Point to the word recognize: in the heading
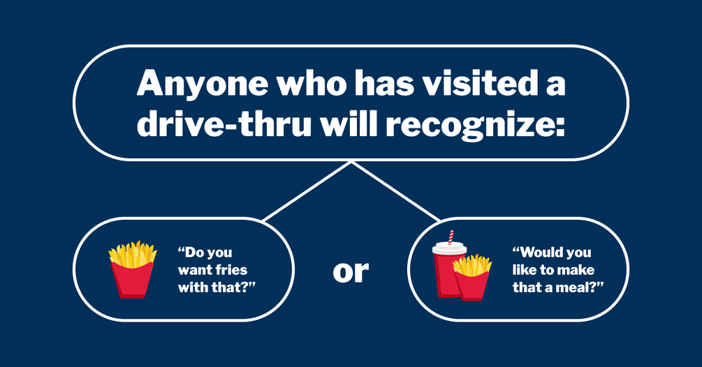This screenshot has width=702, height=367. pyautogui.click(x=473, y=126)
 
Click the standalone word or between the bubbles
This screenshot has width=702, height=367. pyautogui.click(x=351, y=272)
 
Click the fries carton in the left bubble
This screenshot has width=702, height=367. pyautogui.click(x=133, y=269)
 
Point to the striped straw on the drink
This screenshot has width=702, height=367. pyautogui.click(x=451, y=237)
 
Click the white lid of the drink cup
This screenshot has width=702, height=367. pyautogui.click(x=450, y=248)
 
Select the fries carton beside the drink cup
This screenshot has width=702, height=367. pyautogui.click(x=472, y=277)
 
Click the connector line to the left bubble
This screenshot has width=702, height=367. pyautogui.click(x=307, y=192)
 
